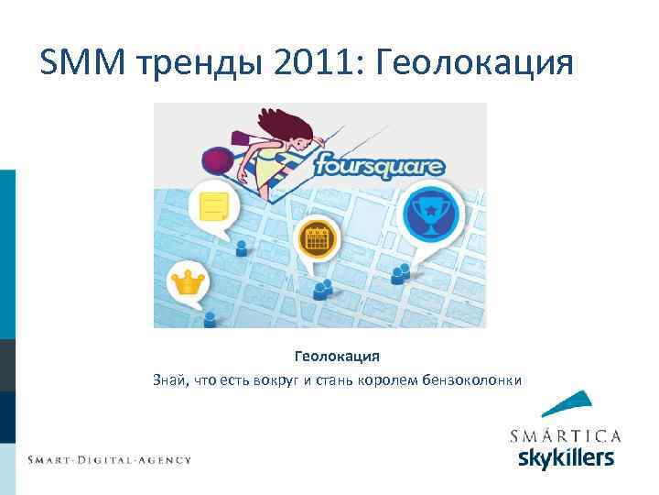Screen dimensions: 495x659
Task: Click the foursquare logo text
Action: click(379, 167)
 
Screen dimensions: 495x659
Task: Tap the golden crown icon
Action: click(188, 281)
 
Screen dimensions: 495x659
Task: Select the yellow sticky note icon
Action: click(213, 205)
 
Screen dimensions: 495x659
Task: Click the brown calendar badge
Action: click(318, 240)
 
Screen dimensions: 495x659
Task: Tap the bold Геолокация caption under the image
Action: click(337, 356)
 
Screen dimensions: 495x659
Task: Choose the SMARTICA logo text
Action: click(566, 435)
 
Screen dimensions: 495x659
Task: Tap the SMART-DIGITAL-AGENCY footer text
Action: click(109, 459)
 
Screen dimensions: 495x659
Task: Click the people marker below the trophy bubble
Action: click(400, 273)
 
